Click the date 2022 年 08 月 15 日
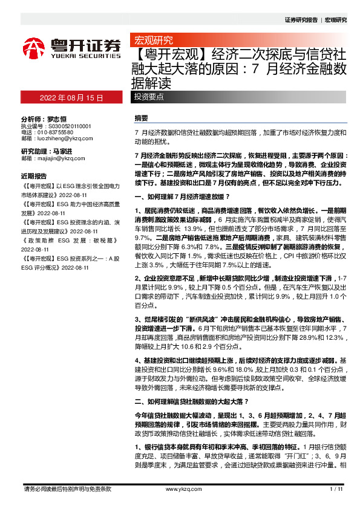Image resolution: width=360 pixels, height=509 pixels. coord(71,97)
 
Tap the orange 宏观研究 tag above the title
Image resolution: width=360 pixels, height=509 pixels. coord(153,41)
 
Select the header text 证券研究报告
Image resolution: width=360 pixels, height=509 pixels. coord(301,20)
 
